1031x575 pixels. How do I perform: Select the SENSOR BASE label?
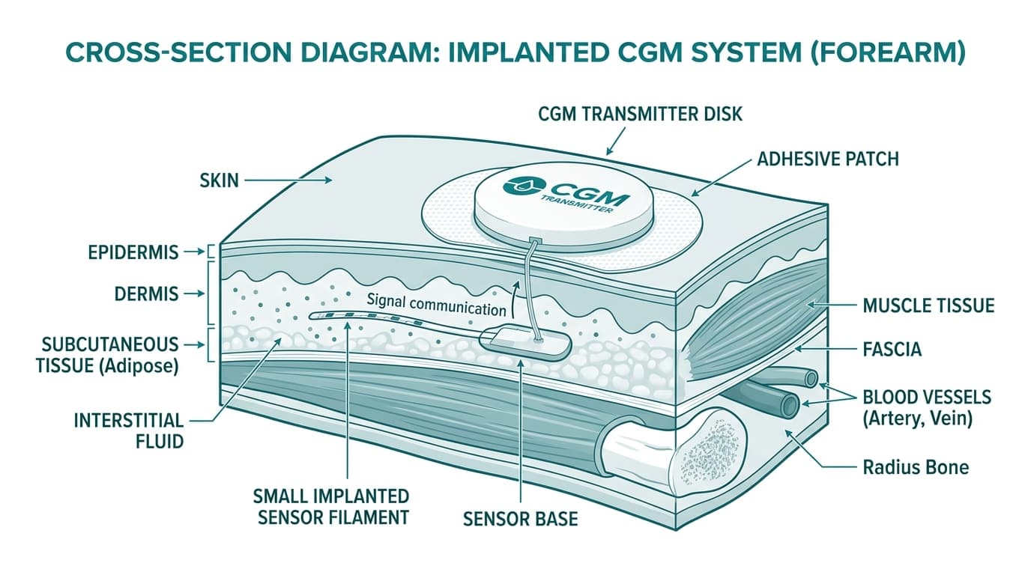(x=520, y=518)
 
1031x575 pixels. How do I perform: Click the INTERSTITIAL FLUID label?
(x=128, y=431)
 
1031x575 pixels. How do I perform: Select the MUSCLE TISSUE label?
(x=928, y=305)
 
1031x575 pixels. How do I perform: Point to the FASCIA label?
(x=892, y=349)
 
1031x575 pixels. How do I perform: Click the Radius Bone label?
(x=916, y=467)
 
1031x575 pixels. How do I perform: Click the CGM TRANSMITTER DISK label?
(x=640, y=115)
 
